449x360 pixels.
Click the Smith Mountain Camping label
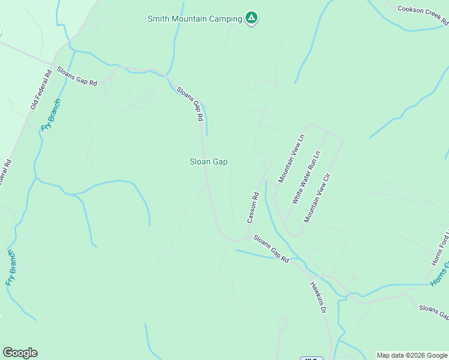195,19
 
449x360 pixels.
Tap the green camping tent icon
252,19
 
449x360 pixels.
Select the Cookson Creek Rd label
423,16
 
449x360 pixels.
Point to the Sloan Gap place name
208,161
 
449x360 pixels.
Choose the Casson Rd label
254,208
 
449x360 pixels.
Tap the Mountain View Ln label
292,158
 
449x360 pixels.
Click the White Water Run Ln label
306,177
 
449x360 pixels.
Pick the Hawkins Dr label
318,298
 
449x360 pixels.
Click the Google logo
20,353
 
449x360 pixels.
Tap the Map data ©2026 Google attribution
412,355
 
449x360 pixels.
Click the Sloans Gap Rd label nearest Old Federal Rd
77,77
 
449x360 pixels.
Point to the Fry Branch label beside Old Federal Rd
51,114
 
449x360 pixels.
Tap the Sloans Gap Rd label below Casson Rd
271,248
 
